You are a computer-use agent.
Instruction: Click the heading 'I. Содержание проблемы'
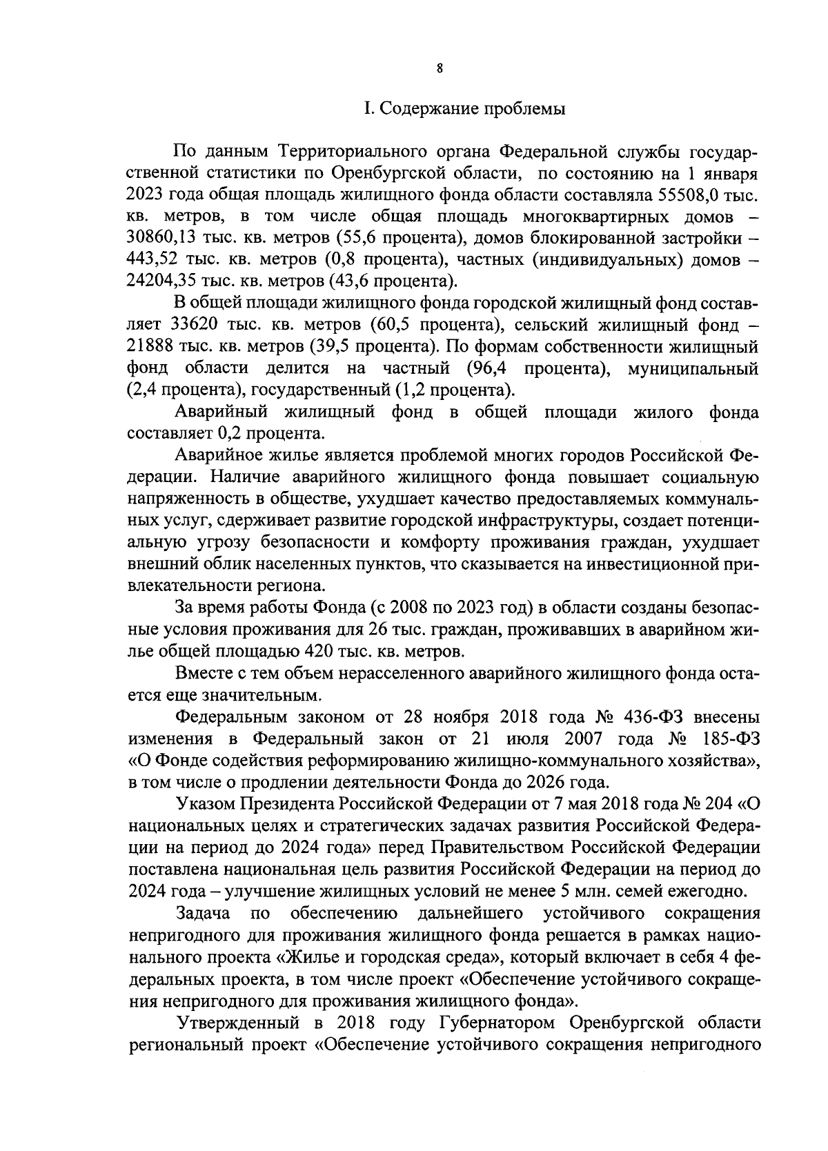(x=465, y=109)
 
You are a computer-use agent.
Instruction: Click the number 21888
(x=152, y=346)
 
